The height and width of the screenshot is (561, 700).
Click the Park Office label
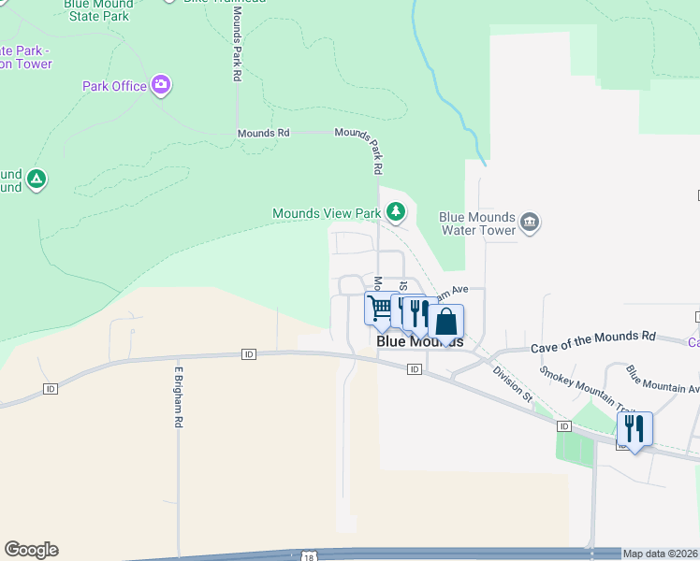(x=114, y=86)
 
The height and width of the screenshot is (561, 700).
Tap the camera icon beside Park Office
(x=161, y=86)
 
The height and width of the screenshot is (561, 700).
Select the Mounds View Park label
(x=327, y=213)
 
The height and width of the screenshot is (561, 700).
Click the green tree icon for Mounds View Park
(x=396, y=212)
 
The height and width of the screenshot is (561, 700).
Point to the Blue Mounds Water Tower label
(x=477, y=223)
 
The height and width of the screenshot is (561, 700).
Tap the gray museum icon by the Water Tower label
(x=530, y=223)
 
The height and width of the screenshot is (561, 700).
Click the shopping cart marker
(x=380, y=309)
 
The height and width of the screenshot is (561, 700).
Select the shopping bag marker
(x=446, y=322)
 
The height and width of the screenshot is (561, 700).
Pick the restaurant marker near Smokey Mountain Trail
(x=634, y=429)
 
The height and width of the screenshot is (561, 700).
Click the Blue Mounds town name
(x=419, y=342)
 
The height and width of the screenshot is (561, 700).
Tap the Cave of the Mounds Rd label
(x=593, y=341)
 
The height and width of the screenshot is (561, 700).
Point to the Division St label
(x=513, y=383)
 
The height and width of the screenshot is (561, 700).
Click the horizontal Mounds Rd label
(x=263, y=133)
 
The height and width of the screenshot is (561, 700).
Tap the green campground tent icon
(x=36, y=179)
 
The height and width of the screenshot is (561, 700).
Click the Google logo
(x=31, y=550)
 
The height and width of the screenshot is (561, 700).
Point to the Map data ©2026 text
(x=660, y=554)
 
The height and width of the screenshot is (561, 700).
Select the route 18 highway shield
(x=310, y=556)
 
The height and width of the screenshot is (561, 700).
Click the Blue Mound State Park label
(x=96, y=10)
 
